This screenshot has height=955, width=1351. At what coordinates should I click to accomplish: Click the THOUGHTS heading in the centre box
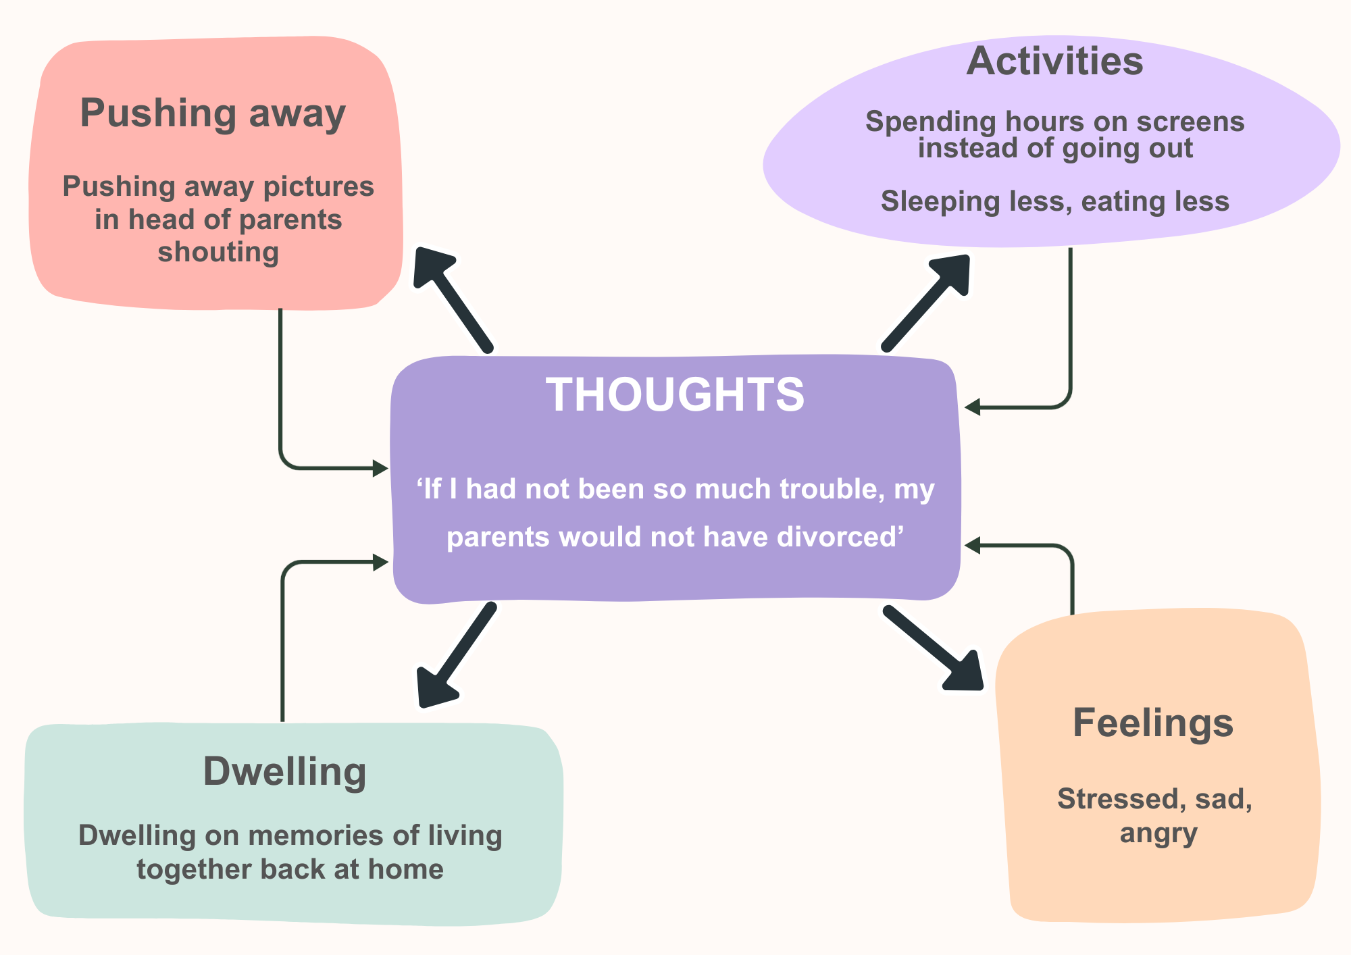click(675, 394)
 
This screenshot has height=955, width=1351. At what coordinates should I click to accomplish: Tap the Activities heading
click(1054, 61)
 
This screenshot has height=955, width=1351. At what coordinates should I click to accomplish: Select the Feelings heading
click(1152, 723)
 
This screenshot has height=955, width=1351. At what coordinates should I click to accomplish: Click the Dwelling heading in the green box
click(284, 771)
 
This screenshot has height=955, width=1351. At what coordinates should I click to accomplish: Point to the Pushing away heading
click(213, 113)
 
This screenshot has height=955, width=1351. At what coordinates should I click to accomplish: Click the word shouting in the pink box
click(218, 252)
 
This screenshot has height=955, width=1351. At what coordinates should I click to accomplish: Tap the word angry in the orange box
click(1158, 833)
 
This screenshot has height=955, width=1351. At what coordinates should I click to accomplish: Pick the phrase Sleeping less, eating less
click(1054, 201)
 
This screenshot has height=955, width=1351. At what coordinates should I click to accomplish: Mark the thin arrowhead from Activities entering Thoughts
click(972, 407)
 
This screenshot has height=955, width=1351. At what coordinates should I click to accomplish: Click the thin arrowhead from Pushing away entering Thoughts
click(381, 467)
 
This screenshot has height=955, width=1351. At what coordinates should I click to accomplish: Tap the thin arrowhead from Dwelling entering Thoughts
click(381, 561)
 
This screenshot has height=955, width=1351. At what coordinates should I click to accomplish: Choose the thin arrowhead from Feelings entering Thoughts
click(972, 545)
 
